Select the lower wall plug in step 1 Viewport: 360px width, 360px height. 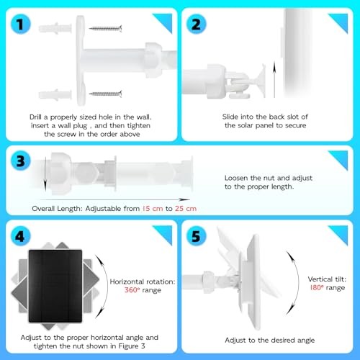pyautogui.click(x=56, y=94)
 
